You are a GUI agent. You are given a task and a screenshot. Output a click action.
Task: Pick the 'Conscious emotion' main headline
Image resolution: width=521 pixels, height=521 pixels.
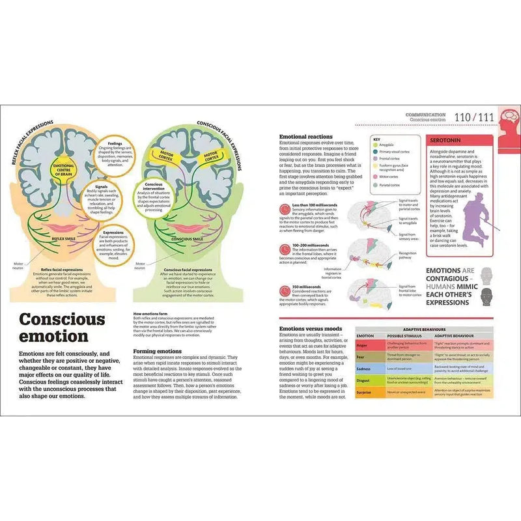pos(61,328)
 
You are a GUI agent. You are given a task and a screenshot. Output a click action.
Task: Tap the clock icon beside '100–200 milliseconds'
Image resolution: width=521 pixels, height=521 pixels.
pos(284,247)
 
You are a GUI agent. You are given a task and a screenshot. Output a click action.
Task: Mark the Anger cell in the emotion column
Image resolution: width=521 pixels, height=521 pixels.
pos(363,346)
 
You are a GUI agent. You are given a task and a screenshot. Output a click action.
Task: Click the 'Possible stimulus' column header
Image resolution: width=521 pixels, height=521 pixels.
pos(395,336)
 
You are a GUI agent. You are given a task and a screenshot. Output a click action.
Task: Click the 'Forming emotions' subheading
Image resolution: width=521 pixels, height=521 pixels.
pos(154,351)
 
